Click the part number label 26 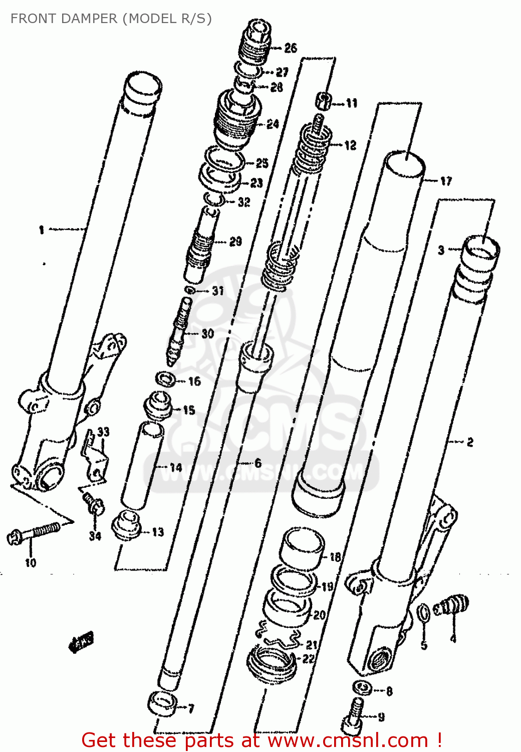click(291, 48)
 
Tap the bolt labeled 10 click(35, 532)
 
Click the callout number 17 click(446, 181)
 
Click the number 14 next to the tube click(176, 468)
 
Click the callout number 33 click(103, 432)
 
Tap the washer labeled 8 click(362, 688)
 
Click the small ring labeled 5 click(423, 613)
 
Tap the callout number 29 click(235, 242)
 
